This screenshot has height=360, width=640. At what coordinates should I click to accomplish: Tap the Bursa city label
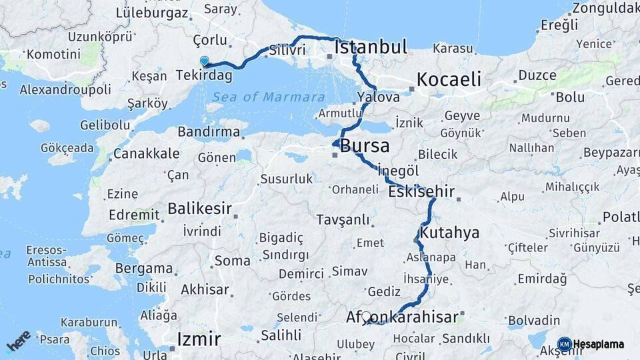365,146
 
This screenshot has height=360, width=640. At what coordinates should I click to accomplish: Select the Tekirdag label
204,75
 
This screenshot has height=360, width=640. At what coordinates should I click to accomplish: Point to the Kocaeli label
449,79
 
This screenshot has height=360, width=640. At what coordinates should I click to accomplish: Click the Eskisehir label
421,192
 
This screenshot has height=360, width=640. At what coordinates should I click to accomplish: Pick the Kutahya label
450,233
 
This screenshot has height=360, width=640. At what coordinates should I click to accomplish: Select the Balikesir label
199,209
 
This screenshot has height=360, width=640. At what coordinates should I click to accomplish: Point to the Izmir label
199,339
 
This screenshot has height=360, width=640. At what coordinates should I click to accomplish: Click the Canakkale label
146,154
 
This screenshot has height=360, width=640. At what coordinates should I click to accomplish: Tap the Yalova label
378,97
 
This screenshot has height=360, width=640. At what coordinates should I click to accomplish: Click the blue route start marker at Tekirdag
205,61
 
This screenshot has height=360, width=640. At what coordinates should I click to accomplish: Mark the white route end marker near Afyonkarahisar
366,316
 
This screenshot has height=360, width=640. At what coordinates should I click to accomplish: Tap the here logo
19,341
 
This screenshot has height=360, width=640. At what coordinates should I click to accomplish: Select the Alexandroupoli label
65,89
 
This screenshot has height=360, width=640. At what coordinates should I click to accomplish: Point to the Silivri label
287,50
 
